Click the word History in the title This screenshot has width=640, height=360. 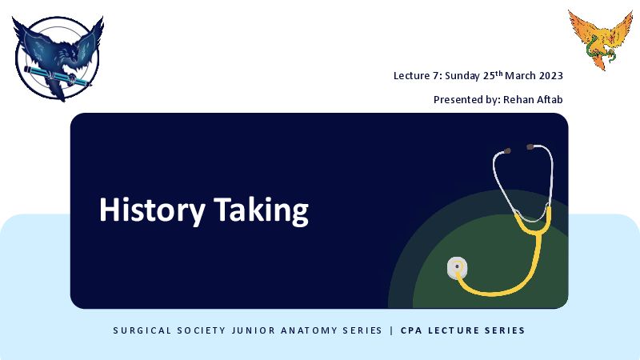point(152,210)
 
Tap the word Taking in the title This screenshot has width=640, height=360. point(262,210)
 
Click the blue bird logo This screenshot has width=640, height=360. point(58,58)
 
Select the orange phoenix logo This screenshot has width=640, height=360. point(601,40)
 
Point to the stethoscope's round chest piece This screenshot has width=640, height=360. point(457,268)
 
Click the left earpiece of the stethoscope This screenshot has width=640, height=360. point(507,151)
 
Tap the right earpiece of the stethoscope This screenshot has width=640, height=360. point(530,146)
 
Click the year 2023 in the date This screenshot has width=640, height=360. point(551,76)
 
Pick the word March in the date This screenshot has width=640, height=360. point(521,76)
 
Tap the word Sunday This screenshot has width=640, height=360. point(462,76)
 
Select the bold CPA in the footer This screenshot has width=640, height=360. point(411,330)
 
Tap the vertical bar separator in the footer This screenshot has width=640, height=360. point(392,330)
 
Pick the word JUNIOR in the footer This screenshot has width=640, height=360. point(253,330)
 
